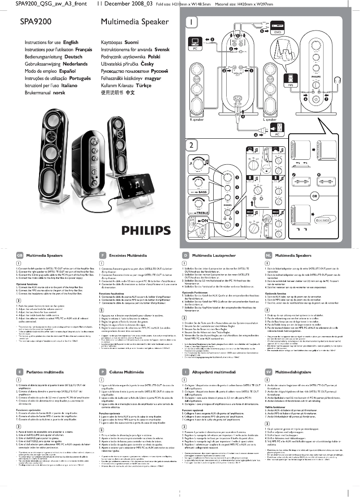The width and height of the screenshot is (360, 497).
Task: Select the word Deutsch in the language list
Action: click(73, 57)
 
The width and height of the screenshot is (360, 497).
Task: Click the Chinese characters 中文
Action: click(130, 93)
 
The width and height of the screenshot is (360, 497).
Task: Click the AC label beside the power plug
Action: click(277, 134)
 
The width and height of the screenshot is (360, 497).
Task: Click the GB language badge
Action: click(19, 255)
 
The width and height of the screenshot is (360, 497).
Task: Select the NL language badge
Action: click(268, 255)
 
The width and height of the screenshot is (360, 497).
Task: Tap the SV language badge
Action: click(268, 372)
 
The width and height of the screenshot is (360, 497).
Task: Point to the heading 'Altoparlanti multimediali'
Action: click(216, 372)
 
